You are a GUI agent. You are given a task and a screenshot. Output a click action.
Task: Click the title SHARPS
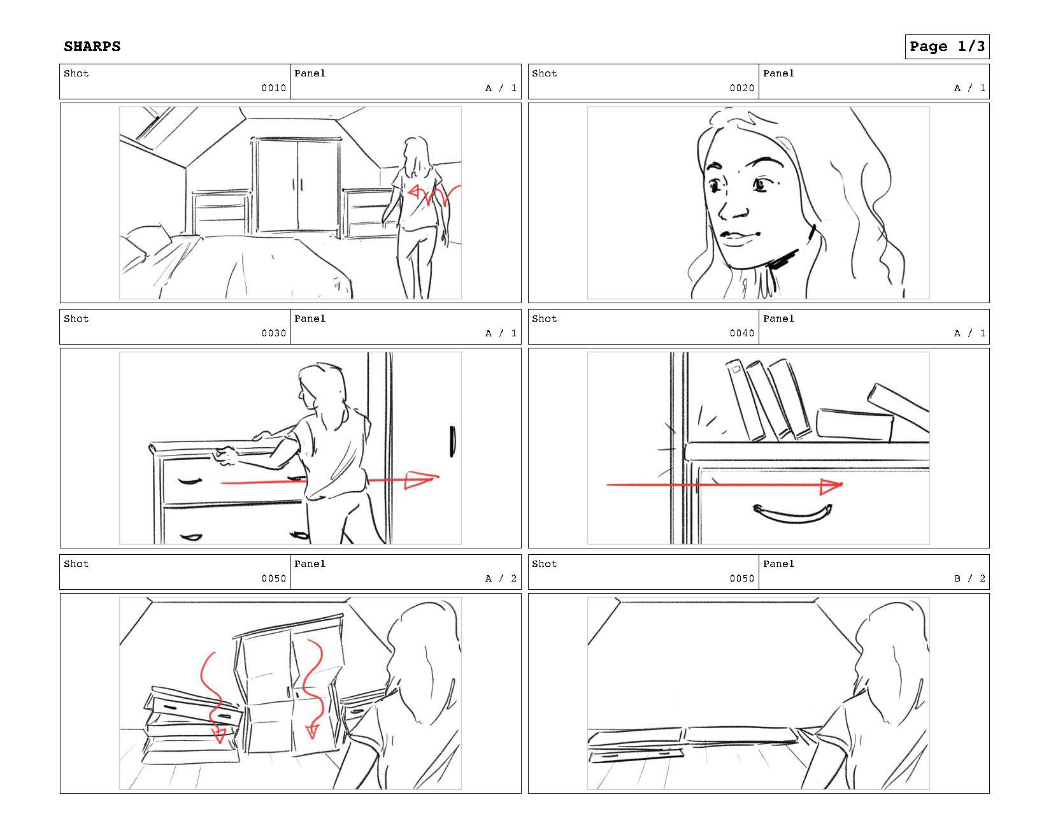92,47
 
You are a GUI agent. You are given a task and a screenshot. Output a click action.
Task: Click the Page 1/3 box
947,47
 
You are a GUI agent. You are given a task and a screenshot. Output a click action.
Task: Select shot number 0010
274,88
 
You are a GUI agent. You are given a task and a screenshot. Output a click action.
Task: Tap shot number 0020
742,88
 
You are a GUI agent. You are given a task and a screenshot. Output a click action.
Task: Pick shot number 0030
274,333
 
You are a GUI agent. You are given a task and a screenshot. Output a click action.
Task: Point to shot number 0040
742,333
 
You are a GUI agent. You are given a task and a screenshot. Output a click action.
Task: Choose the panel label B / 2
969,578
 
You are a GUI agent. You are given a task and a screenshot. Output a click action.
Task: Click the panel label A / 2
501,578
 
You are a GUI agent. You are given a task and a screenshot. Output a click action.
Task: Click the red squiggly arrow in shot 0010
433,194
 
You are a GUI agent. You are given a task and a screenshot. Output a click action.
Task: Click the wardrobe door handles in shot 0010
297,185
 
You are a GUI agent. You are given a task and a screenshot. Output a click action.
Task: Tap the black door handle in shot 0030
452,441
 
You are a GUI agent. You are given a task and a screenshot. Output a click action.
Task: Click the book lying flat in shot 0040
854,425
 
